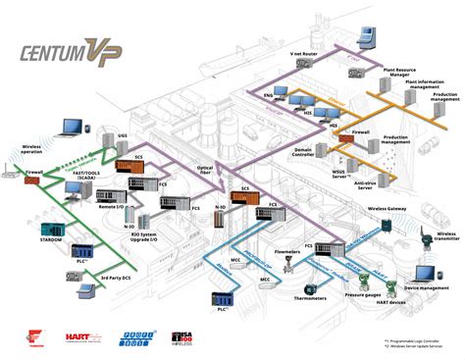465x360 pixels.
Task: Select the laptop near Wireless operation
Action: pyautogui.click(x=71, y=128)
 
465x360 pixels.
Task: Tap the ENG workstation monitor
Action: pyautogui.click(x=283, y=93)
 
